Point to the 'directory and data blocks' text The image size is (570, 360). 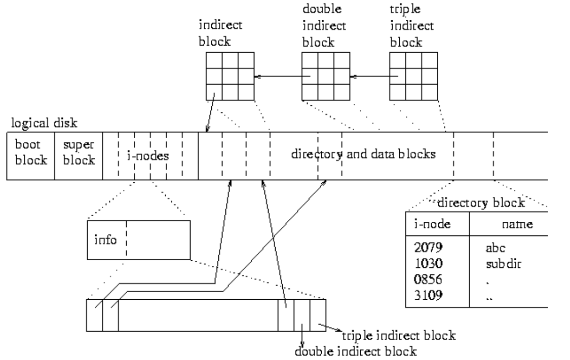click(x=363, y=154)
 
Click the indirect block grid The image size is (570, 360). click(x=230, y=76)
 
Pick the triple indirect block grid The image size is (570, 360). click(x=414, y=76)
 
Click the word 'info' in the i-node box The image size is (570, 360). click(x=106, y=239)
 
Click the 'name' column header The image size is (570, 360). click(x=517, y=224)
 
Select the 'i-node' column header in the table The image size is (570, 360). click(x=428, y=224)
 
